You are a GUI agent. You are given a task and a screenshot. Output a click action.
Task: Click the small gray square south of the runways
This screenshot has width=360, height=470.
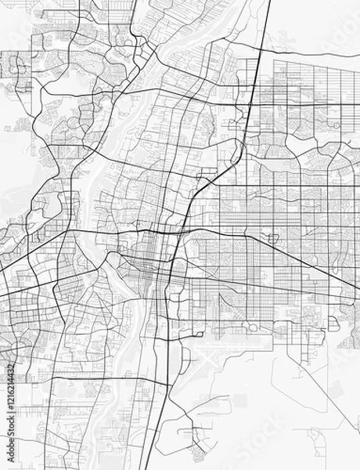pos(239,400)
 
